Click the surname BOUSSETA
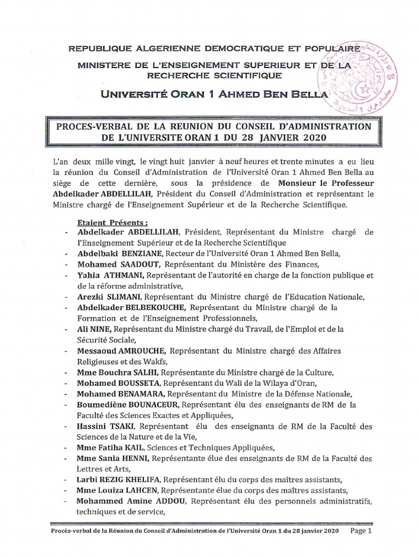pos(139,383)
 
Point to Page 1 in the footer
pos(361,530)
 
